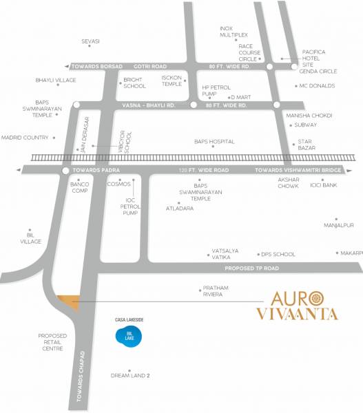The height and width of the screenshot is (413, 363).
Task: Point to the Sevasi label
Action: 90,41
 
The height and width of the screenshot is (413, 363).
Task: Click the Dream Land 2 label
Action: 130,376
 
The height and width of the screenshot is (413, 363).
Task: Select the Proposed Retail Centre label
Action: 52,342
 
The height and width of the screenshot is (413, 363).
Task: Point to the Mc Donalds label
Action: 317,86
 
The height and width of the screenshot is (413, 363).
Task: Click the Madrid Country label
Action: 25,137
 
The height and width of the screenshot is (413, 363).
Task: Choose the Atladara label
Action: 179,207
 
